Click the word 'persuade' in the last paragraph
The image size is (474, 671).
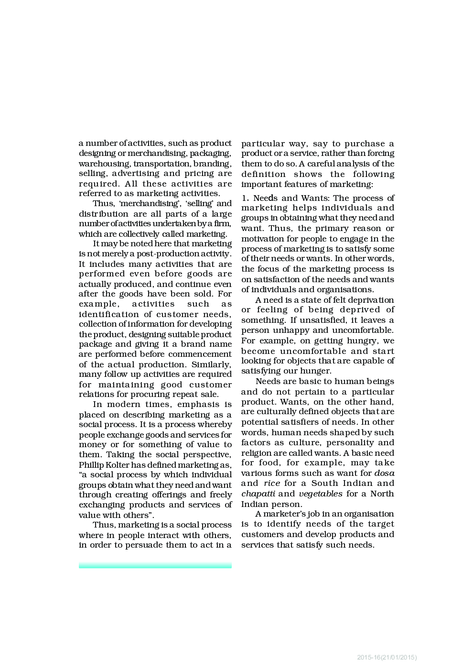pos(144,545)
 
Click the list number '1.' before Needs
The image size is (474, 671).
pos(245,198)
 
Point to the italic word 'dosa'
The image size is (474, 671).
pos(384,473)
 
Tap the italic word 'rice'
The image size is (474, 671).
pos(271,484)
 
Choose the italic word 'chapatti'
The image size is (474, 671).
pos(258,494)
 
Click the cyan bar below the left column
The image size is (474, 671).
pos(155,566)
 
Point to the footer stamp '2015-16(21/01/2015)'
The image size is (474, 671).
pos(387,658)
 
